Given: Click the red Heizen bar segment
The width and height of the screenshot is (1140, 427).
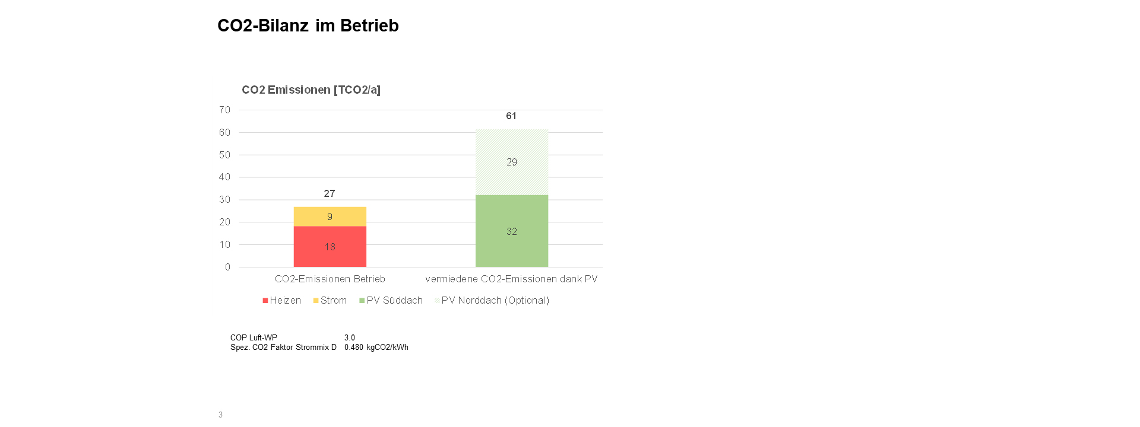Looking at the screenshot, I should tap(330, 247).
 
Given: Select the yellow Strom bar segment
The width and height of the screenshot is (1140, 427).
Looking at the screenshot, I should tap(330, 216).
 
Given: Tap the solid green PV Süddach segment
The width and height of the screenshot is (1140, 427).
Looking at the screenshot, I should tap(511, 231).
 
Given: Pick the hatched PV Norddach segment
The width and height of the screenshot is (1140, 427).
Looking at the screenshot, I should tap(511, 162).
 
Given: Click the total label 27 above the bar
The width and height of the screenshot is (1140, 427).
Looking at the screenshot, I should tap(330, 193).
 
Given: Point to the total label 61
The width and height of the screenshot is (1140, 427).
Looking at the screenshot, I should tap(511, 116).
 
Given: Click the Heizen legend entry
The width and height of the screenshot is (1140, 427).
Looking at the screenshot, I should tap(282, 301).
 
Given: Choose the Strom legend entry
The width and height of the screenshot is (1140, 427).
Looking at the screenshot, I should tap(330, 301).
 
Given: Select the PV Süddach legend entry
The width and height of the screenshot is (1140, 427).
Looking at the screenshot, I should tap(391, 301).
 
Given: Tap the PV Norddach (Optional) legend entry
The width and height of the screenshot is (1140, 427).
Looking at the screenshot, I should tap(492, 301).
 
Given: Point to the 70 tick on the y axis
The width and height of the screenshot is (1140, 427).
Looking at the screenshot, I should tap(224, 110).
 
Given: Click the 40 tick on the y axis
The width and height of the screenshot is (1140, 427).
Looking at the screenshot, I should tap(224, 177).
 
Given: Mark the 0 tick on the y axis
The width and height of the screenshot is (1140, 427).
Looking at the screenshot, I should tap(227, 267).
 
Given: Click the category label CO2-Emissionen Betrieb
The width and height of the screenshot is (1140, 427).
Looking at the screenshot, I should tap(330, 279).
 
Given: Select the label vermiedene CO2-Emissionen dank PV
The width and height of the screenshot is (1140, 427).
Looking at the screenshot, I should tap(511, 279).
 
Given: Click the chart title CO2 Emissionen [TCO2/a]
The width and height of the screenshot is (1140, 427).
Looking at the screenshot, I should tap(311, 90).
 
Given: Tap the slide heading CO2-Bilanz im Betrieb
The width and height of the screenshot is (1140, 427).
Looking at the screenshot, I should tap(308, 26).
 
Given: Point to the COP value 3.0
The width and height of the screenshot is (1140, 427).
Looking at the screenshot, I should tap(350, 337).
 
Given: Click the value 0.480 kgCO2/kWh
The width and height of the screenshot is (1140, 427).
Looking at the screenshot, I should tap(376, 348).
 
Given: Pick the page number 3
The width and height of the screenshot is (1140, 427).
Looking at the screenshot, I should tap(220, 415).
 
